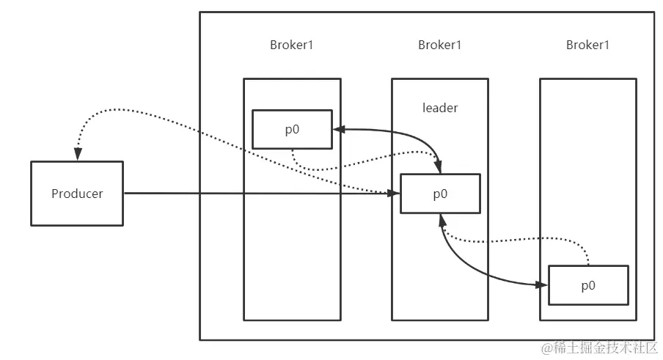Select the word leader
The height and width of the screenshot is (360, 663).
(x=440, y=108)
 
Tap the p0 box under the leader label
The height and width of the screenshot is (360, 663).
(x=440, y=194)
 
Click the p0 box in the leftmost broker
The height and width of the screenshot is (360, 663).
(x=292, y=128)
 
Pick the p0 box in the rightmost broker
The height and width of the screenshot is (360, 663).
(x=588, y=285)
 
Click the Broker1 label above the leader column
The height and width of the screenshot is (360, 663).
(x=440, y=45)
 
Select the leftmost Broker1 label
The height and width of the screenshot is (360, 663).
(x=292, y=45)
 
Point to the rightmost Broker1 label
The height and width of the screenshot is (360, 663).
(x=588, y=45)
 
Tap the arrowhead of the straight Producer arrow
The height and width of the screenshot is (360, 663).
(x=395, y=194)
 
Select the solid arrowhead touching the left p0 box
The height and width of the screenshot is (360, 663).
(x=338, y=129)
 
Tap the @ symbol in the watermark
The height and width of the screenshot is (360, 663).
(x=546, y=347)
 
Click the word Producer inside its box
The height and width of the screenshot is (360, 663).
(x=77, y=194)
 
